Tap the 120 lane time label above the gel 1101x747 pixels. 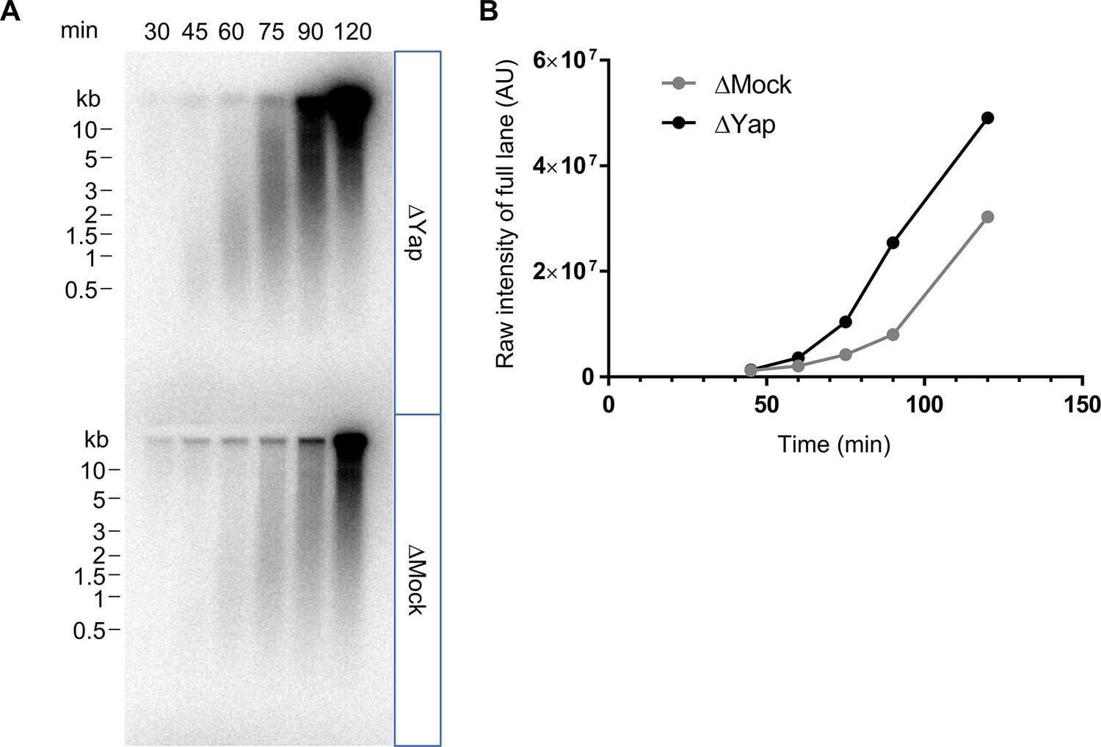tap(353, 32)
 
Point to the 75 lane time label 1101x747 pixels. tap(271, 32)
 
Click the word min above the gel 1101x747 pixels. tap(79, 31)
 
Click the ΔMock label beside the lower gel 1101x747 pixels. tap(417, 580)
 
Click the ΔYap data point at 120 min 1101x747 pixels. tap(987, 118)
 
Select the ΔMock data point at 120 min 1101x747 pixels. tap(987, 217)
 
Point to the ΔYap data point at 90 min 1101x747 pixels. tap(893, 242)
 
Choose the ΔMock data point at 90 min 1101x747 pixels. tap(893, 334)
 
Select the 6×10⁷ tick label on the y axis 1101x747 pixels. tap(564, 60)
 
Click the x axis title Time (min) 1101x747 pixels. tap(834, 444)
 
